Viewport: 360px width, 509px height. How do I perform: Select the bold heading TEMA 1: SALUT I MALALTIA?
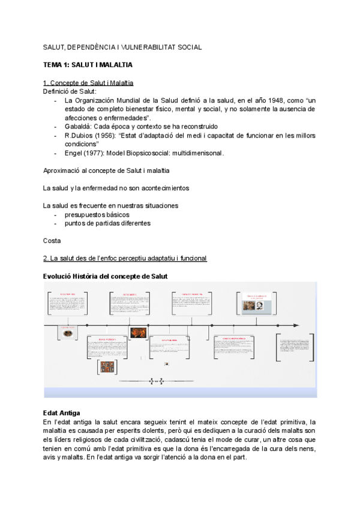[x=88, y=64]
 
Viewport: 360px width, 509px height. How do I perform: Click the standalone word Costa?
[x=52, y=241]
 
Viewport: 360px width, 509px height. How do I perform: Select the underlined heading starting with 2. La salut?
[x=125, y=258]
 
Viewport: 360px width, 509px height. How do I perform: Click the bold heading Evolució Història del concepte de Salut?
[x=105, y=276]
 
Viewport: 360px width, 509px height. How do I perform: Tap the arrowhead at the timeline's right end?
[x=296, y=325]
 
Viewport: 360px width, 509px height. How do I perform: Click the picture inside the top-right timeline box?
[x=253, y=306]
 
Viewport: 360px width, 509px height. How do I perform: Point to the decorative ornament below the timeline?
[x=155, y=381]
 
